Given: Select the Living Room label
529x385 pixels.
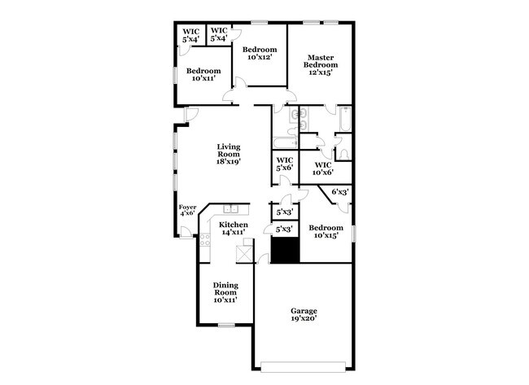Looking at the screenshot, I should pyautogui.click(x=228, y=153).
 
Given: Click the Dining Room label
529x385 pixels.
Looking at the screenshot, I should pyautogui.click(x=225, y=289).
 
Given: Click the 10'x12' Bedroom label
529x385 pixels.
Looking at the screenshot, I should pyautogui.click(x=260, y=52).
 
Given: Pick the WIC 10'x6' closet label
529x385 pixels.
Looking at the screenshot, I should pyautogui.click(x=324, y=168).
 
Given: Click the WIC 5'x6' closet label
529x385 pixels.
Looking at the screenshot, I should pyautogui.click(x=285, y=163).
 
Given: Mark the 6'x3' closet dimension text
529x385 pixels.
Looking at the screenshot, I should pyautogui.click(x=339, y=191).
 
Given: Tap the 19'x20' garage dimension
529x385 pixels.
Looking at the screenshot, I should pyautogui.click(x=304, y=321).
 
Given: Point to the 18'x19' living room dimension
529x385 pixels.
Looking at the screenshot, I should pyautogui.click(x=228, y=161).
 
